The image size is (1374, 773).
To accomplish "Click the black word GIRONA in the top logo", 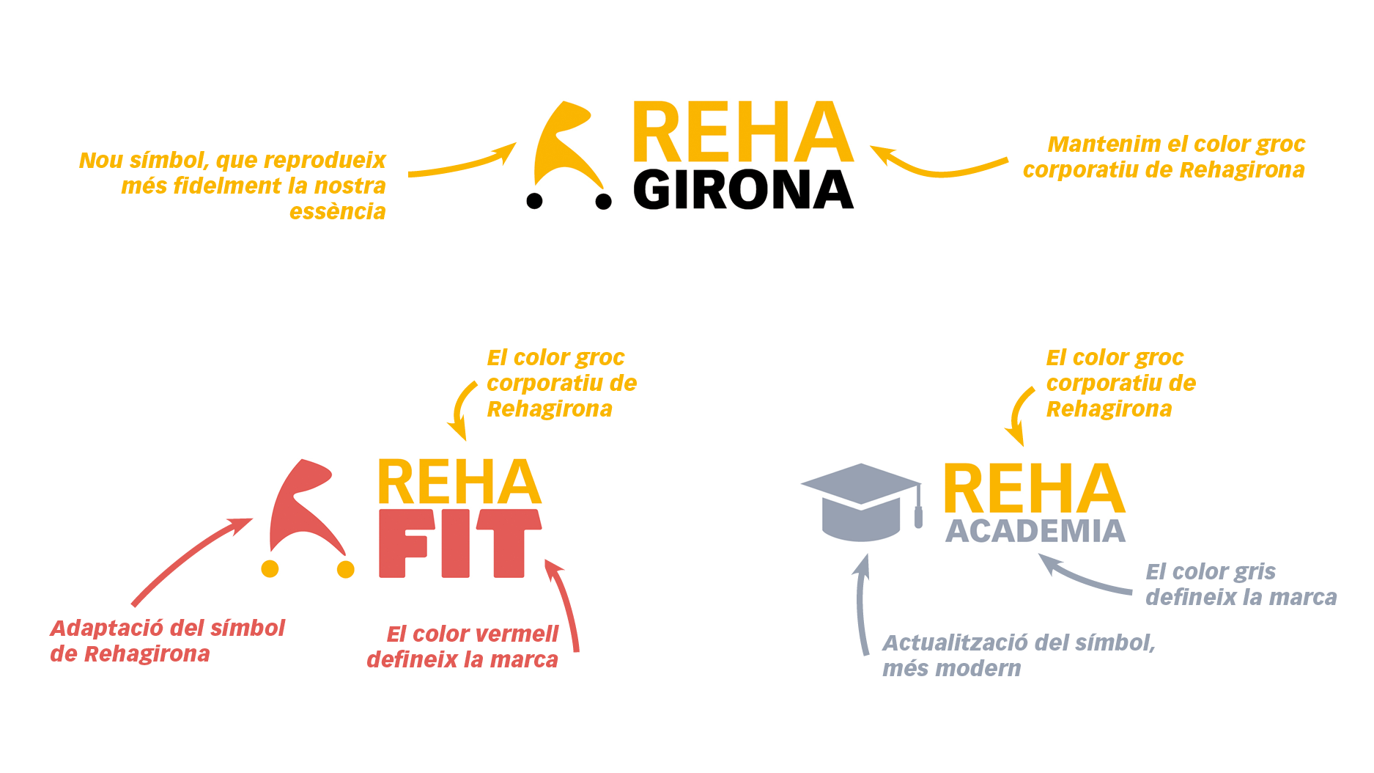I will click(x=743, y=191).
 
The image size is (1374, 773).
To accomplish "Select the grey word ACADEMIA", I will click(x=1035, y=532).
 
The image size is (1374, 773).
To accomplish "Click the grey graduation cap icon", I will click(x=860, y=502).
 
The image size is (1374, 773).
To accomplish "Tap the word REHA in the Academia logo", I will click(x=1033, y=489).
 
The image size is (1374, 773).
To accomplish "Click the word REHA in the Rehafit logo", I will click(x=459, y=483).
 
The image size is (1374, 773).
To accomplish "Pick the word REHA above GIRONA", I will click(x=742, y=133).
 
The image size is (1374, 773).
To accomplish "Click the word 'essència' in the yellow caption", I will click(x=337, y=212).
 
